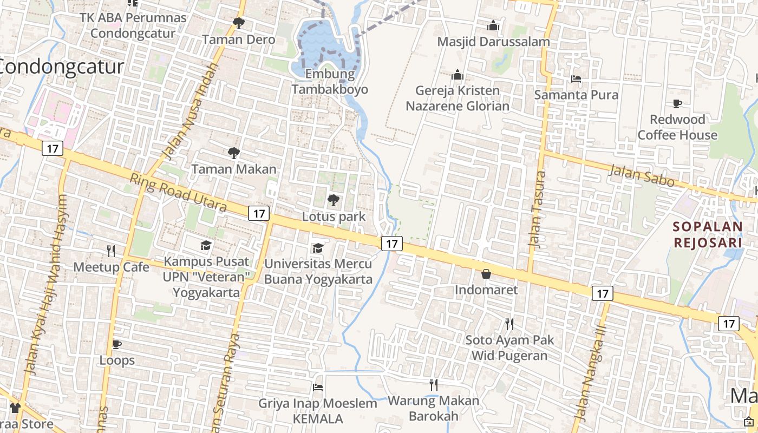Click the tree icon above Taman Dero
pyautogui.click(x=238, y=23)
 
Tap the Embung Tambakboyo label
pyautogui.click(x=330, y=82)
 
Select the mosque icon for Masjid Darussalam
pyautogui.click(x=493, y=25)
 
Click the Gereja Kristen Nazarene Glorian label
pyautogui.click(x=458, y=98)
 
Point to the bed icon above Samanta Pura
pyautogui.click(x=576, y=79)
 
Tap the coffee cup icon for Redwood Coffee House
pyautogui.click(x=677, y=103)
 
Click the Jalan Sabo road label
pyautogui.click(x=641, y=175)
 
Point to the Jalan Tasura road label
pyautogui.click(x=537, y=209)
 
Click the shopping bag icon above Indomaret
pyautogui.click(x=486, y=274)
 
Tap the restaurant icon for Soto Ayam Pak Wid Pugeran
pyautogui.click(x=509, y=324)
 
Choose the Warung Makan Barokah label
pyautogui.click(x=433, y=408)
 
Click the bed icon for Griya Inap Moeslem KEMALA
pyautogui.click(x=318, y=388)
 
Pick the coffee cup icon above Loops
pyautogui.click(x=116, y=344)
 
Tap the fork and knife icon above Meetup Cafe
pyautogui.click(x=111, y=251)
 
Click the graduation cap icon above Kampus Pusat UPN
pyautogui.click(x=206, y=246)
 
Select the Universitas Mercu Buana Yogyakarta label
pyautogui.click(x=318, y=271)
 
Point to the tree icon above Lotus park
pyautogui.click(x=334, y=201)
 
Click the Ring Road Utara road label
pyautogui.click(x=178, y=192)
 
